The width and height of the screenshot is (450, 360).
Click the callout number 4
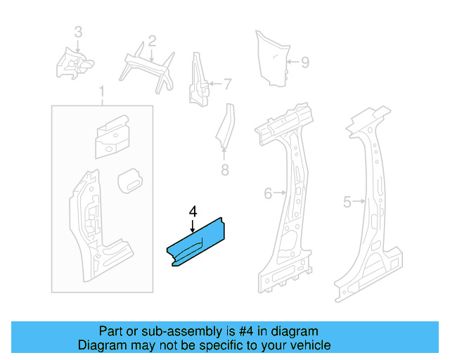(193, 212)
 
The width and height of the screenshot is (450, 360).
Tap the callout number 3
(78, 32)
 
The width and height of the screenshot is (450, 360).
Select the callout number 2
(152, 41)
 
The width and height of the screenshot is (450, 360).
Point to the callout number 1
(101, 91)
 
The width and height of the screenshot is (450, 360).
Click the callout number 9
(305, 63)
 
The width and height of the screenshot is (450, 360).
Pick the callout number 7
(227, 84)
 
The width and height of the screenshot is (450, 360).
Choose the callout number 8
(225, 169)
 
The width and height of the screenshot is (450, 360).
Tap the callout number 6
(268, 193)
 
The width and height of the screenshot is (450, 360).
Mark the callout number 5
(347, 202)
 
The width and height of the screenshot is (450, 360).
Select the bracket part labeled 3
(75, 64)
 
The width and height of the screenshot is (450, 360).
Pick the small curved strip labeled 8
(226, 127)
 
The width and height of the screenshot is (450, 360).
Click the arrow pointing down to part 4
(193, 226)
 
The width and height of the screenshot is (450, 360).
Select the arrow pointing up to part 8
(224, 153)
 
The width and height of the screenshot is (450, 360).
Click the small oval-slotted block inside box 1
(130, 181)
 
